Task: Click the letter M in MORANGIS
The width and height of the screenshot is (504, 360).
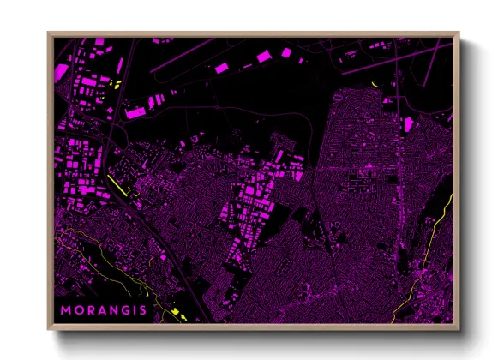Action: (x=65, y=309)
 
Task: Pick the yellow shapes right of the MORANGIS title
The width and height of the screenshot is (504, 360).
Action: (x=178, y=313)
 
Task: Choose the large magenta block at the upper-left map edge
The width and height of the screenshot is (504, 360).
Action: (x=62, y=71)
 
